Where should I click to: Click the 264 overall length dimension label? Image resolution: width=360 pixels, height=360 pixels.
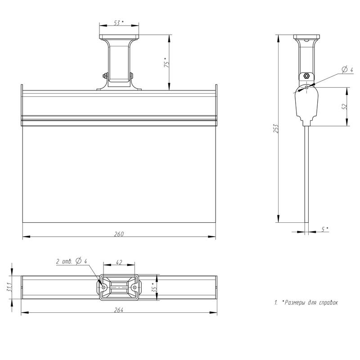pyautogui.click(x=119, y=310)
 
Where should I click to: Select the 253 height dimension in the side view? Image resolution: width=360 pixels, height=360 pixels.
pyautogui.click(x=277, y=128)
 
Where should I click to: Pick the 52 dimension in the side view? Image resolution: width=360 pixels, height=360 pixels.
pyautogui.click(x=344, y=107)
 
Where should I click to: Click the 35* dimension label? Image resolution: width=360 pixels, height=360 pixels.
pyautogui.click(x=153, y=286)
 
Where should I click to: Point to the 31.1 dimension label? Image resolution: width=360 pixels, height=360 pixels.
pyautogui.click(x=9, y=287)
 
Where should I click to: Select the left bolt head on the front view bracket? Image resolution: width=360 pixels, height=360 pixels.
pyautogui.click(x=104, y=76)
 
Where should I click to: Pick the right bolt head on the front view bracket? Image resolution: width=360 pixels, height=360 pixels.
pyautogui.click(x=132, y=76)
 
